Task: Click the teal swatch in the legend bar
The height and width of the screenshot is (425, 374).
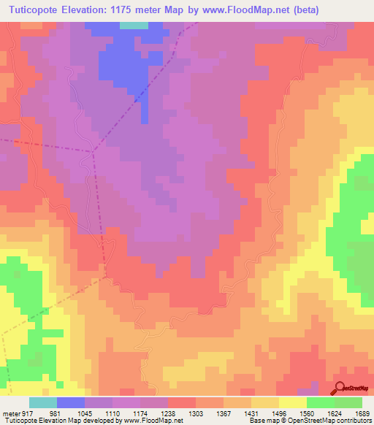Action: pos(43,402)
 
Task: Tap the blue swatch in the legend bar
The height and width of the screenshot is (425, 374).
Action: pos(71,402)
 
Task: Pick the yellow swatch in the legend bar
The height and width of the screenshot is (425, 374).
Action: pos(293,402)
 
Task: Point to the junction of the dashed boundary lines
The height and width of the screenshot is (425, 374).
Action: pos(93,151)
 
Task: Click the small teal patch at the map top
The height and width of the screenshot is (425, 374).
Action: pos(133,25)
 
